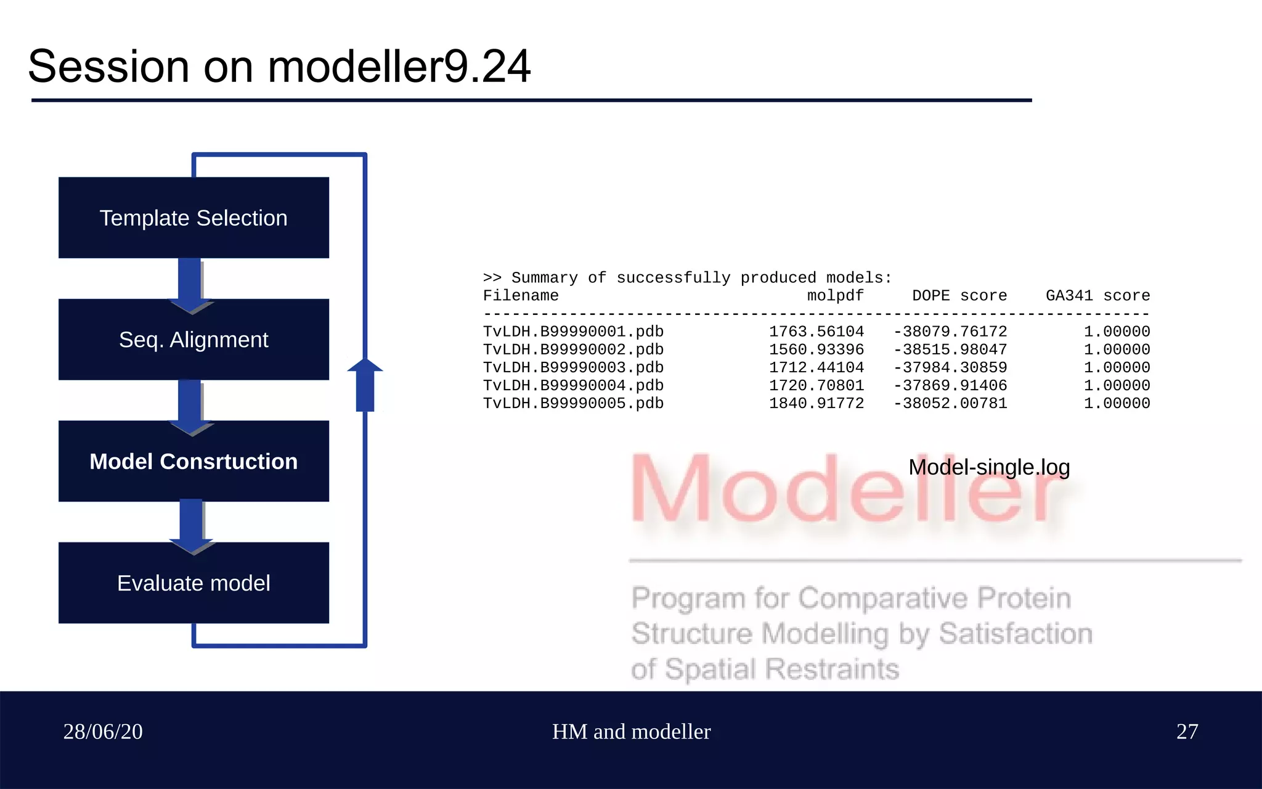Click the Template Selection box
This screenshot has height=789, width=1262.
[x=193, y=218]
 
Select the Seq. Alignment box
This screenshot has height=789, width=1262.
[x=193, y=340]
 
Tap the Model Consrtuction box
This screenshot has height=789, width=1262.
[x=193, y=461]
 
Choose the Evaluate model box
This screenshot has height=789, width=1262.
[x=193, y=583]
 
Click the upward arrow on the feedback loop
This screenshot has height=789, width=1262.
[x=365, y=385]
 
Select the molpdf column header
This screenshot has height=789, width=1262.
[x=835, y=296]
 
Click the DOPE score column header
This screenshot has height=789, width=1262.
[x=959, y=296]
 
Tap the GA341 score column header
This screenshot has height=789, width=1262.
[x=1097, y=296]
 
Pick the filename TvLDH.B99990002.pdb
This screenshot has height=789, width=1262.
[x=573, y=350]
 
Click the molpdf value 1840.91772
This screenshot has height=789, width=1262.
[x=816, y=403]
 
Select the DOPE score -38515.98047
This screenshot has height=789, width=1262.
[x=950, y=350]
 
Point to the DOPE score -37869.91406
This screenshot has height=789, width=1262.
[x=950, y=385]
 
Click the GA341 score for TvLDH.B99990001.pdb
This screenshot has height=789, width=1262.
[x=1117, y=332]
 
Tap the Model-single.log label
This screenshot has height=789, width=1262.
[x=988, y=467]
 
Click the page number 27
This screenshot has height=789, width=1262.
[x=1187, y=732]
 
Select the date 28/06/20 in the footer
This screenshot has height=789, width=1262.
[x=103, y=732]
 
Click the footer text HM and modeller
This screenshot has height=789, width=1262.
[x=631, y=732]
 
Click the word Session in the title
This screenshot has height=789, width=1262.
[x=108, y=67]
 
